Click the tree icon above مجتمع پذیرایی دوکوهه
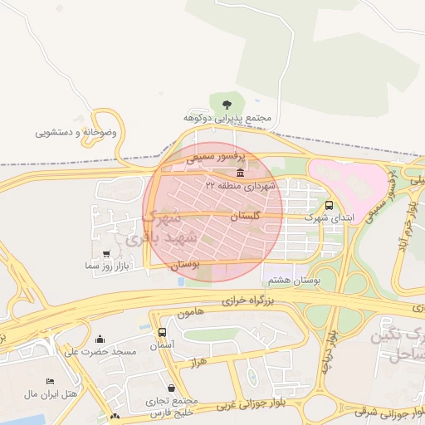coord(227,103)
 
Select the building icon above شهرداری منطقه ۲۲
coord(240,173)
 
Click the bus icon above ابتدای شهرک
coord(330,204)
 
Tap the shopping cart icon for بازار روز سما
coord(105,254)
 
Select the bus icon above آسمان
coord(163,332)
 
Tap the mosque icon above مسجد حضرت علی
coord(100,339)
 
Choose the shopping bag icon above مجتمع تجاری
coord(171,388)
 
